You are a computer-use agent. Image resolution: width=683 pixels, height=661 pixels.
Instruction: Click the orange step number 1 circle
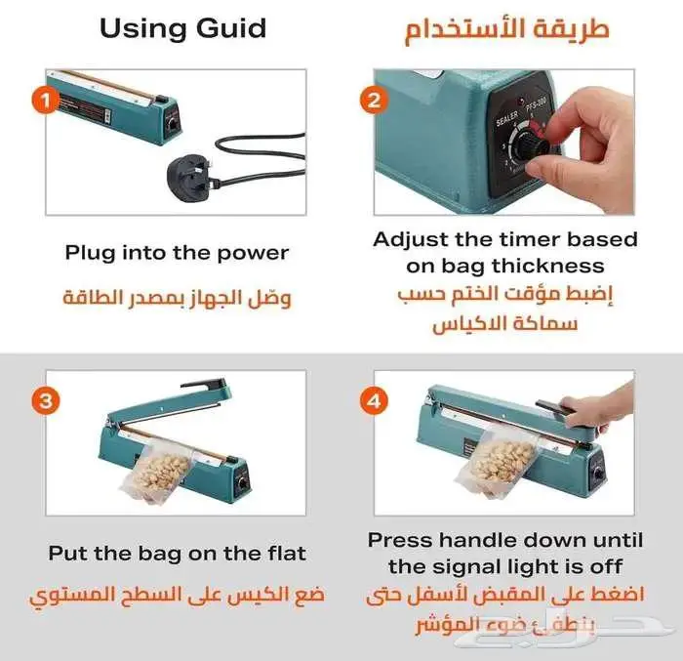41,99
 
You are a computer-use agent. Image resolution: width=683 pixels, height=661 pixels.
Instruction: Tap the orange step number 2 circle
373,99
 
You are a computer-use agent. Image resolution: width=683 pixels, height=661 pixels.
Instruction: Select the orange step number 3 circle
41,399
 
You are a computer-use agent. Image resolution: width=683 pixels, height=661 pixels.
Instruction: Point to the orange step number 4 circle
373,399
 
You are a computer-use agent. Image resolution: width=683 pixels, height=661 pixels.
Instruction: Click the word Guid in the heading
233,27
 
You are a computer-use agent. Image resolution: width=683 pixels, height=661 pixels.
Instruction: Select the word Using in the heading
141,27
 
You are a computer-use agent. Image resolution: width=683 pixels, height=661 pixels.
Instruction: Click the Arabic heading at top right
506,27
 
